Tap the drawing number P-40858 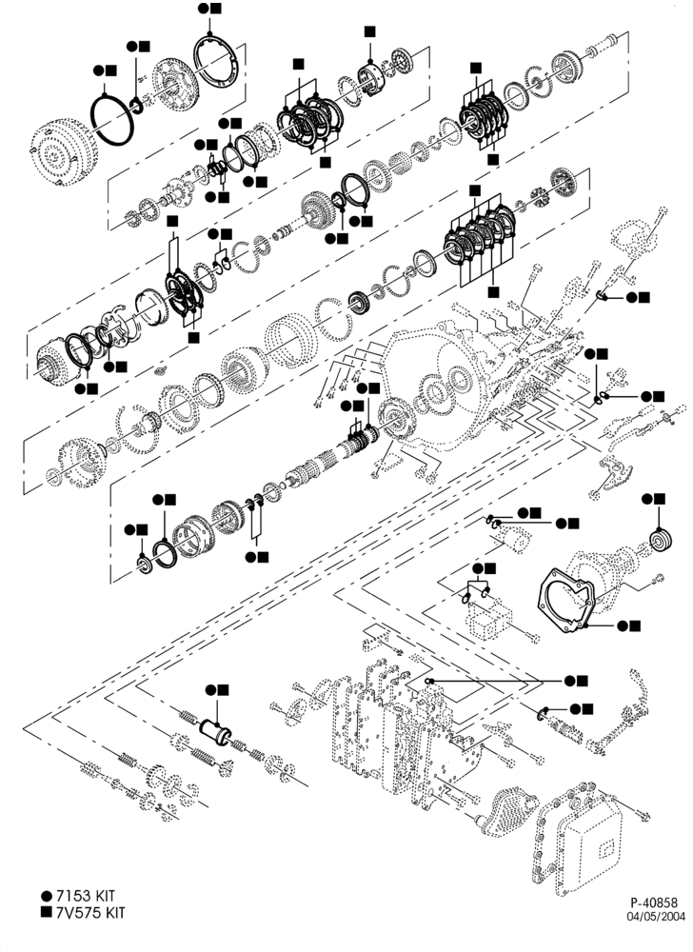pos(654,902)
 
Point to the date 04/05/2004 pos(656,916)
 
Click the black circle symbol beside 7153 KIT pos(46,896)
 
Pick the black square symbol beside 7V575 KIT pos(46,911)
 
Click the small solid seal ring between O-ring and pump pos(137,105)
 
